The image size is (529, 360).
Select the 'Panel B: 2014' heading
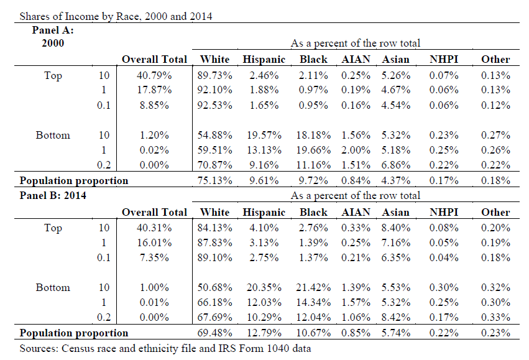point(53,195)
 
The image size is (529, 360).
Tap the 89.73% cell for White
point(214,75)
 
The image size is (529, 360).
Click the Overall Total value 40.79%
point(154,75)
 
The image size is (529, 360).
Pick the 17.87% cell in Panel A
point(154,90)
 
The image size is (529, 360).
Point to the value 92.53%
point(214,105)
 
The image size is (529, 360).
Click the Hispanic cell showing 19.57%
point(264,136)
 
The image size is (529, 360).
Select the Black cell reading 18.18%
point(313,136)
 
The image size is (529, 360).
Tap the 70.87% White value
point(214,165)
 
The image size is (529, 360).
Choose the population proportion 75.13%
point(214,180)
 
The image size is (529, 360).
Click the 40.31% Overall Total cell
point(154,228)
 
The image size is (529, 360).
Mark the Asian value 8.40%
point(396,228)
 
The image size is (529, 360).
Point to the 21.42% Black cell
point(313,287)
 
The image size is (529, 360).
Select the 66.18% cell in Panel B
point(214,302)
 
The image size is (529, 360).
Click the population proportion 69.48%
point(214,333)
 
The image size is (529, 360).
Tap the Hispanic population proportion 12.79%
point(264,333)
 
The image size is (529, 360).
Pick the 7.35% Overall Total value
point(154,258)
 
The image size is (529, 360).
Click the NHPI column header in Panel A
point(444,60)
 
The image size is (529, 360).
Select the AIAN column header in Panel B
point(356,212)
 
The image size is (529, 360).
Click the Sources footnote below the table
point(165,348)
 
